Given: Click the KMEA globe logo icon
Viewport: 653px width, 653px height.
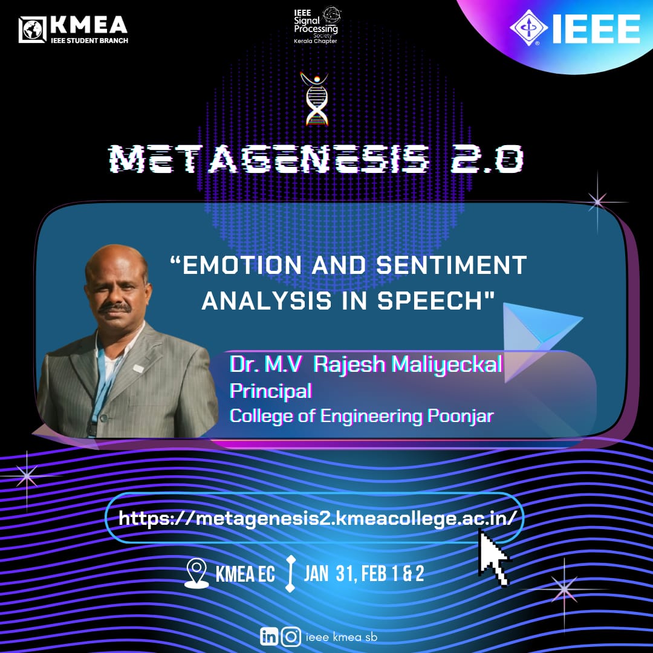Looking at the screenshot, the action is click(x=32, y=30).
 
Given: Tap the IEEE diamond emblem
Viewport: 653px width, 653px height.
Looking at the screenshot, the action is click(x=528, y=27).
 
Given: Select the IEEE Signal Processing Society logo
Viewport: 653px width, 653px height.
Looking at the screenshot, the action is click(x=316, y=25).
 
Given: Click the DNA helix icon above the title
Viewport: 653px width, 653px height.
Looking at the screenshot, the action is click(x=315, y=99).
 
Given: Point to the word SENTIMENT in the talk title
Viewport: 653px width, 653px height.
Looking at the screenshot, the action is click(x=452, y=265).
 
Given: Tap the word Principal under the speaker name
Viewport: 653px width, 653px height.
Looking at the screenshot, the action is click(x=271, y=391).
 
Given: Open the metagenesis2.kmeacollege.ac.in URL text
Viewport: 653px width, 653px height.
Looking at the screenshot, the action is click(x=318, y=519).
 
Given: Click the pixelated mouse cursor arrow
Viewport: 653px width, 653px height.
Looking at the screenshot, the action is click(x=493, y=557).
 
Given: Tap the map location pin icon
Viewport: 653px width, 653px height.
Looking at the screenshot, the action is click(x=197, y=573).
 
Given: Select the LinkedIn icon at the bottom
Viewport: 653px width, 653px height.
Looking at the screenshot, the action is click(x=269, y=636).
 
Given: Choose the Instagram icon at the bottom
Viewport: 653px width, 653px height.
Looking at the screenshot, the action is click(x=291, y=636).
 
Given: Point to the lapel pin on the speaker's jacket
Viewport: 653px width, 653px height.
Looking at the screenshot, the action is click(x=138, y=368).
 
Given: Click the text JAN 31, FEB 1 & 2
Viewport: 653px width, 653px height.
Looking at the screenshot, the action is click(x=364, y=573).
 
